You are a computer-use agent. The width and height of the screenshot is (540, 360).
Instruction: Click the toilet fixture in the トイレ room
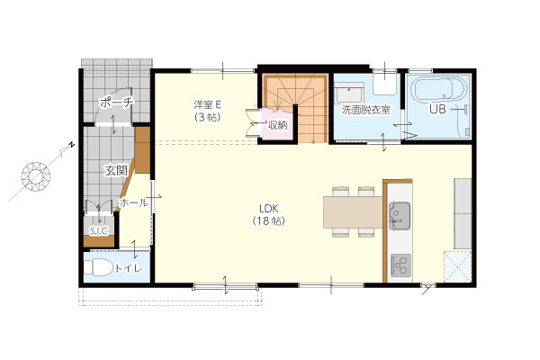click(98, 267)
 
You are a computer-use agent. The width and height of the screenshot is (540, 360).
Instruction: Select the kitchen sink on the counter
click(400, 216)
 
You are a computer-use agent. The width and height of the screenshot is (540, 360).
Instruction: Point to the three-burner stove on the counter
click(400, 265)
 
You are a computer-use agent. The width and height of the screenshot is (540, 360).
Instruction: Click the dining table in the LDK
click(353, 211)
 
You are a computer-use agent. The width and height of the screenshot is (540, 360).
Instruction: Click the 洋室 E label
click(208, 103)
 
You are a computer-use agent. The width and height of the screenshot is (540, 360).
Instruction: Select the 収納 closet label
click(277, 125)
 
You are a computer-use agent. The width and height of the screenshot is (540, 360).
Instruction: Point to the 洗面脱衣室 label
click(365, 110)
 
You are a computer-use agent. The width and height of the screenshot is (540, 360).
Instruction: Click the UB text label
click(437, 109)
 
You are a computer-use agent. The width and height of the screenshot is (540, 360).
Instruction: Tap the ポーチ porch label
click(116, 103)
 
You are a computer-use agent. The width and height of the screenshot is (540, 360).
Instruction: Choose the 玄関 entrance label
click(116, 170)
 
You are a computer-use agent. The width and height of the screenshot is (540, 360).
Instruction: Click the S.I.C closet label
click(99, 230)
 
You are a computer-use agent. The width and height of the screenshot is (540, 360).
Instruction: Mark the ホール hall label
click(133, 202)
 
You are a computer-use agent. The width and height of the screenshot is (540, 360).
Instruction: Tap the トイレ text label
click(129, 268)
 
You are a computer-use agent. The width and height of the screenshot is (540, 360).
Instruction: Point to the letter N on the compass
click(72, 145)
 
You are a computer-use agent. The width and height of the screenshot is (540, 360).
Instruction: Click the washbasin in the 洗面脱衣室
click(349, 92)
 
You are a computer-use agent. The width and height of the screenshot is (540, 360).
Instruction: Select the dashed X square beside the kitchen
click(457, 266)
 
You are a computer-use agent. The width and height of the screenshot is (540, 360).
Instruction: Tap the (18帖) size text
click(269, 221)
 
